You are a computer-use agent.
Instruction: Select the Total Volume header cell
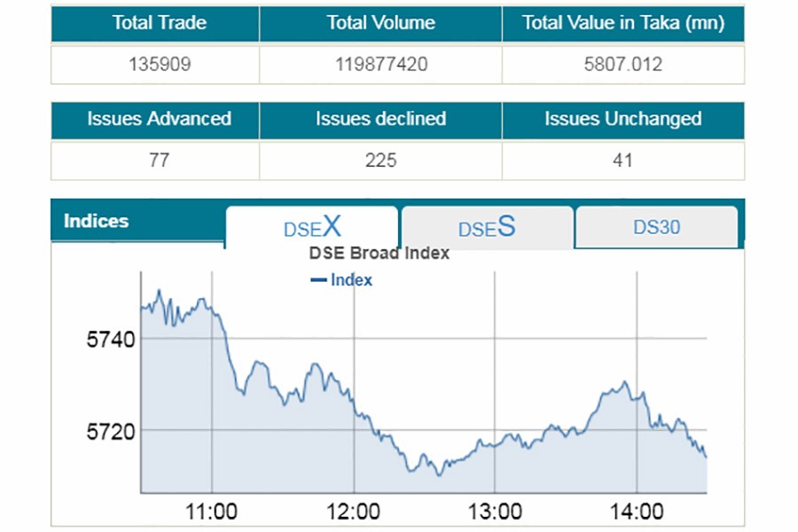[380, 24]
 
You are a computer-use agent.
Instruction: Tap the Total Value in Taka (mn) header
[622, 24]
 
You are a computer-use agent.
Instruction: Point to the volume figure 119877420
[380, 65]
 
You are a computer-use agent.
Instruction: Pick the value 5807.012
[622, 65]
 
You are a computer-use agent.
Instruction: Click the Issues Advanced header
[159, 120]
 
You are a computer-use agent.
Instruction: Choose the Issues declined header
[380, 120]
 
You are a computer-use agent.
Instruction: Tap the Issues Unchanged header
[622, 120]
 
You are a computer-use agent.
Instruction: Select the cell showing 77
[159, 160]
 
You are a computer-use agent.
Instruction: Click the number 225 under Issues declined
[380, 160]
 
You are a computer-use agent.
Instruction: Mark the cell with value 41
[622, 160]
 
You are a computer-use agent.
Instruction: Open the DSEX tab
[312, 227]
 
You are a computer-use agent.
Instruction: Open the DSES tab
[486, 228]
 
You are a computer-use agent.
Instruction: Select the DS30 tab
[656, 227]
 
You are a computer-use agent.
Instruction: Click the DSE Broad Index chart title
[379, 254]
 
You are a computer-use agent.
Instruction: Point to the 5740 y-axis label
[110, 340]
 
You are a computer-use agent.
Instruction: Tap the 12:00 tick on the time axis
[354, 512]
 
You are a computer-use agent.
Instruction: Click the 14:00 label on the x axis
[637, 512]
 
